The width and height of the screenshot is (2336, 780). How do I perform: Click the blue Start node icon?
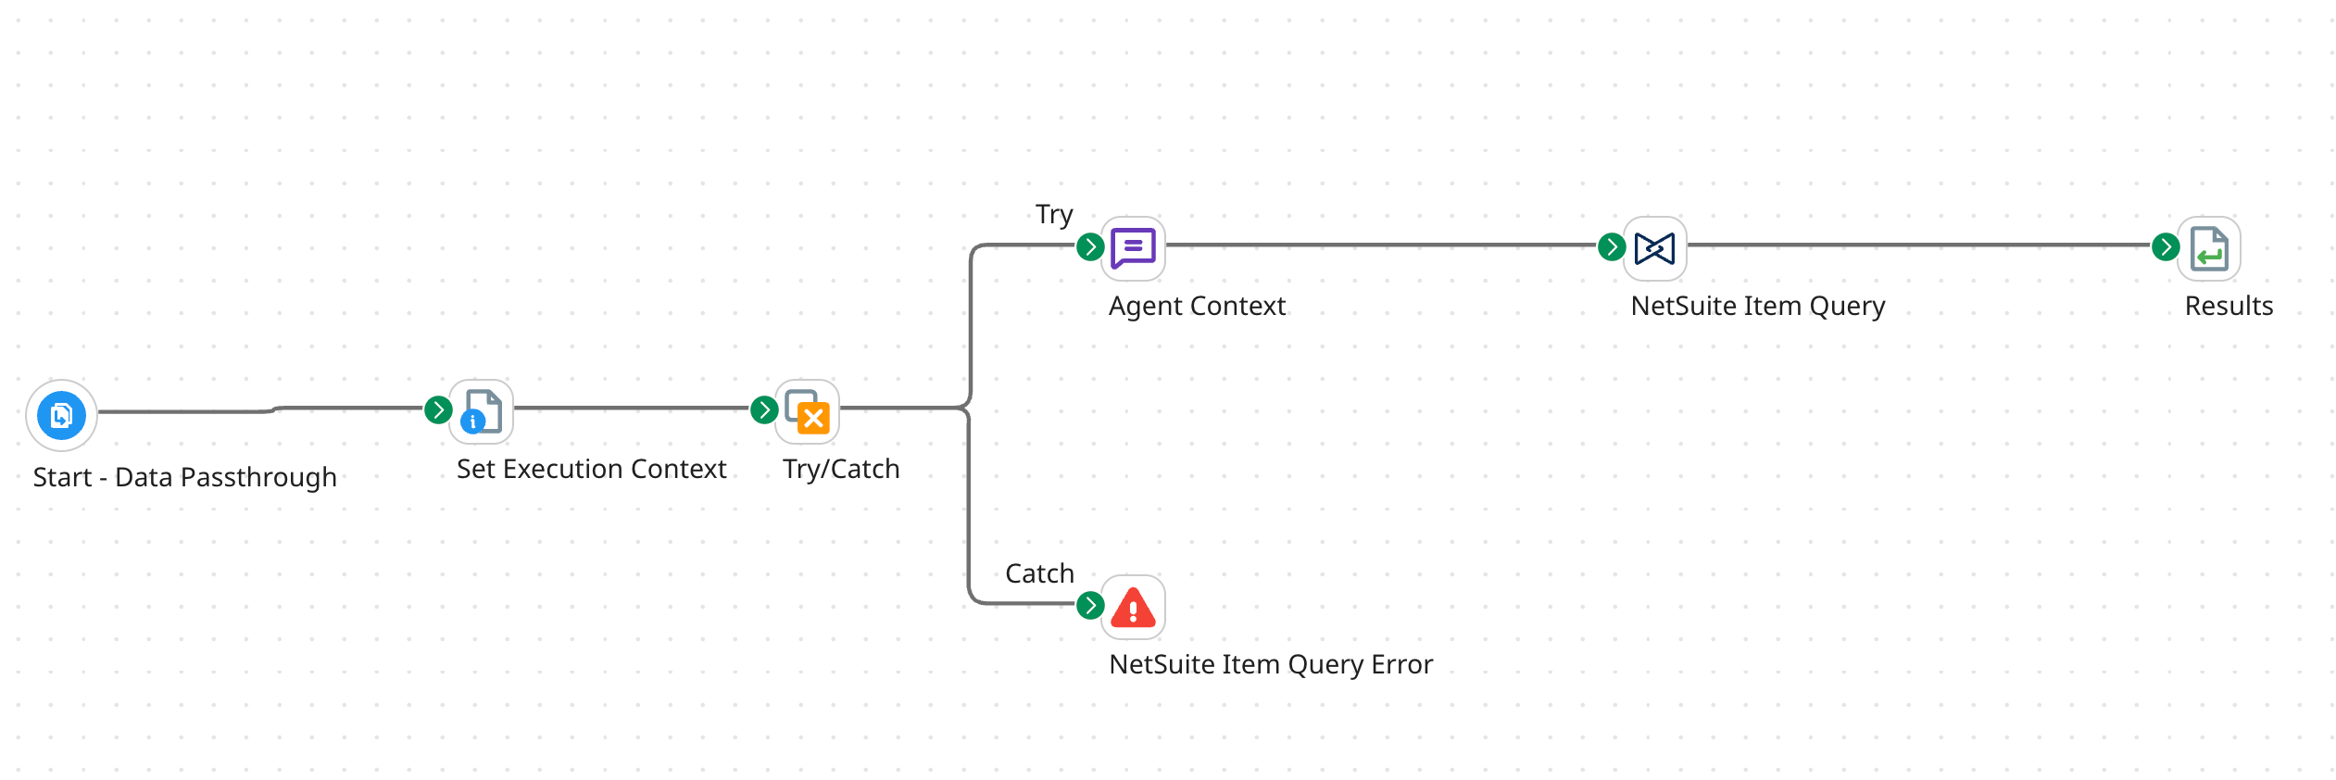(61, 415)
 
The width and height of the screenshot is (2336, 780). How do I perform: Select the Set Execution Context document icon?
(482, 411)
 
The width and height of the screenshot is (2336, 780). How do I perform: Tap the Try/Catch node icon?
(808, 411)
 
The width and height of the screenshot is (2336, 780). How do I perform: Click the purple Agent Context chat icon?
(1133, 248)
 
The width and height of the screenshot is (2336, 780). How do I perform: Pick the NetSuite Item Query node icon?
(1654, 248)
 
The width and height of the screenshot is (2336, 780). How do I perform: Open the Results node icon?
(2209, 248)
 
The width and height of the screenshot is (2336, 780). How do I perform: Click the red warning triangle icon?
(1133, 608)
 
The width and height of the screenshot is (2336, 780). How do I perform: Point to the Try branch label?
(1054, 215)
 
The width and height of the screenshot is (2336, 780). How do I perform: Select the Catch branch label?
(1039, 573)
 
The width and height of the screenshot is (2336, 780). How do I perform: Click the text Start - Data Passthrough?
(185, 477)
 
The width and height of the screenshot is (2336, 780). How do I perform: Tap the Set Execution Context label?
(591, 469)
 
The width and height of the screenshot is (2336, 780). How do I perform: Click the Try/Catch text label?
(841, 469)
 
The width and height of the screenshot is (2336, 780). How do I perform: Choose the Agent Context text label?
(1197, 306)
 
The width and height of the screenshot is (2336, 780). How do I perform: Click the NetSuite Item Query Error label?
(1271, 664)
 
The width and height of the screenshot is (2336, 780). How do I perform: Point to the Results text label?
(2229, 306)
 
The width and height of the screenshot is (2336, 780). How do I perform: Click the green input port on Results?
(2166, 246)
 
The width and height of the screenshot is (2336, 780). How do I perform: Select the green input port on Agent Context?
(1090, 246)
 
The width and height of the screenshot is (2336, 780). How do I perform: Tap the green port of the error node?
(1090, 605)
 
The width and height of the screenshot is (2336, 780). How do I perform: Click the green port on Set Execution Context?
(438, 409)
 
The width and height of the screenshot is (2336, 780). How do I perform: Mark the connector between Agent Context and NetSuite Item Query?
(1380, 245)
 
